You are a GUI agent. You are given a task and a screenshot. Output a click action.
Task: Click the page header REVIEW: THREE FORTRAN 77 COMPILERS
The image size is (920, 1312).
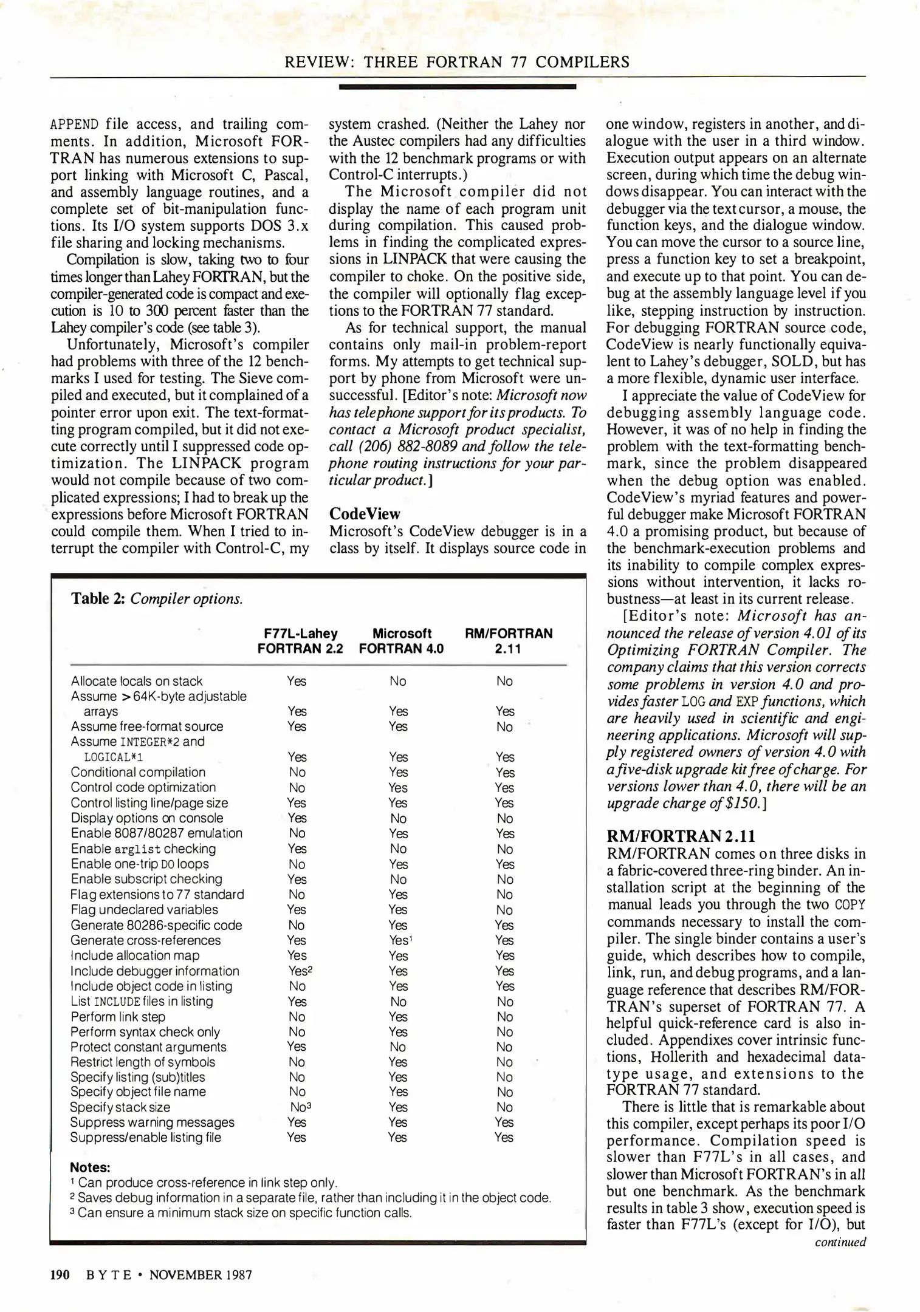point(457,62)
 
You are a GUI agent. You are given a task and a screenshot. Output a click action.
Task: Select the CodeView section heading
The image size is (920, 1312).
point(365,514)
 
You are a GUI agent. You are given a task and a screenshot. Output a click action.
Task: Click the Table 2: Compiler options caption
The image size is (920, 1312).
point(157,599)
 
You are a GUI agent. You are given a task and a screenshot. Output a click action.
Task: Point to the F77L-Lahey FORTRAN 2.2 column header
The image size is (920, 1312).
point(300,641)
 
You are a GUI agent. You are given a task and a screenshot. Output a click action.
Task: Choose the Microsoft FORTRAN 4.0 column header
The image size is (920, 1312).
point(402,641)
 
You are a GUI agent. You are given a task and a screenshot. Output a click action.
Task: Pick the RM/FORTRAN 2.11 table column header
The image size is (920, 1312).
point(509,641)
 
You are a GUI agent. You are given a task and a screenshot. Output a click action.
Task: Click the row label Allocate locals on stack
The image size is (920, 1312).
point(137,681)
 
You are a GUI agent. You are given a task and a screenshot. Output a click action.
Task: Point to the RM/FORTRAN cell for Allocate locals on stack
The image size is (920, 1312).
point(504,681)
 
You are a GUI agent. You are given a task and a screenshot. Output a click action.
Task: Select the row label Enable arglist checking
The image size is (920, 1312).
point(143,849)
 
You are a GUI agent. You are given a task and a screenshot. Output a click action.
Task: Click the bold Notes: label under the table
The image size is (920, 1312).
point(90,1167)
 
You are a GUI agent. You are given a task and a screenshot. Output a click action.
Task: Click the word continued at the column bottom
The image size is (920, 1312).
point(840,1242)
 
